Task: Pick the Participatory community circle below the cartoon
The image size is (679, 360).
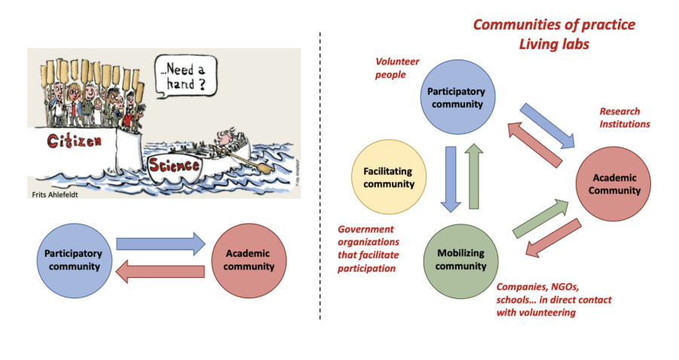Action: [x=69, y=259]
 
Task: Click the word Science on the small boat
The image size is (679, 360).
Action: [x=174, y=164]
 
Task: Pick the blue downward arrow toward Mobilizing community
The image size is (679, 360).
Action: [x=451, y=178]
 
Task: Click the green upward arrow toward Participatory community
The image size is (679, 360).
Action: [x=475, y=176]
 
